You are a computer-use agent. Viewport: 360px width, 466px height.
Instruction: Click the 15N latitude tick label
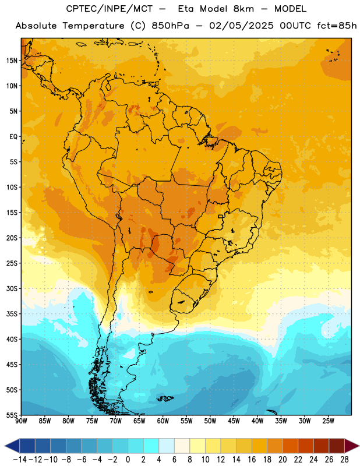pos(12,61)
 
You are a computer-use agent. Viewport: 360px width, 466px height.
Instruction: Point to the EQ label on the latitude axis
pos(13,137)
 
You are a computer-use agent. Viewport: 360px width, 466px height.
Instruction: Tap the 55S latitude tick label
pos(12,415)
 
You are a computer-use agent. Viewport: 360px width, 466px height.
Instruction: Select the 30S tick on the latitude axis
pos(12,288)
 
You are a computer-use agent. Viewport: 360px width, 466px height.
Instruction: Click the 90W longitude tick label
pos(21,421)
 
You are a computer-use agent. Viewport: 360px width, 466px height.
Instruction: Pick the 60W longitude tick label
pos(163,421)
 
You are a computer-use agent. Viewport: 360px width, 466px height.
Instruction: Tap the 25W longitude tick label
pos(328,421)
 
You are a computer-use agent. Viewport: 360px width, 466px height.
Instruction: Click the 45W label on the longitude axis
pos(234,421)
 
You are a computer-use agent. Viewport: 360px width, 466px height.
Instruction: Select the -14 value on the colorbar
pos(20,460)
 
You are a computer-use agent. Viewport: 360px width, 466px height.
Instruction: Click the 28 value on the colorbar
pos(344,460)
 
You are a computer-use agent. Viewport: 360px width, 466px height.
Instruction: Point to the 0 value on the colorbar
pos(128,460)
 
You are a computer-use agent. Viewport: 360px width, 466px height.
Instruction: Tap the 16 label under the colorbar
pos(252,460)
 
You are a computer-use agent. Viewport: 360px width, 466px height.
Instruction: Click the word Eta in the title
pos(186,9)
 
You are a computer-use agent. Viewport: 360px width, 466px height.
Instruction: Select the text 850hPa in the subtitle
pos(170,26)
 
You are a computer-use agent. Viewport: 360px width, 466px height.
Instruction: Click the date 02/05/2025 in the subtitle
pos(241,26)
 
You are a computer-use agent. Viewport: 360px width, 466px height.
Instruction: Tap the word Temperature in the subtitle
pos(93,26)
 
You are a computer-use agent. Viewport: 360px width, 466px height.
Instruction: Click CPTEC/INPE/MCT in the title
pos(110,9)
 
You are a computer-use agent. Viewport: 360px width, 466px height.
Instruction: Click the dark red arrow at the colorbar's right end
pos(351,446)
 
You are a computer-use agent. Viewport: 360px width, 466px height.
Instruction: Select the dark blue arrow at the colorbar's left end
pos(12,446)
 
